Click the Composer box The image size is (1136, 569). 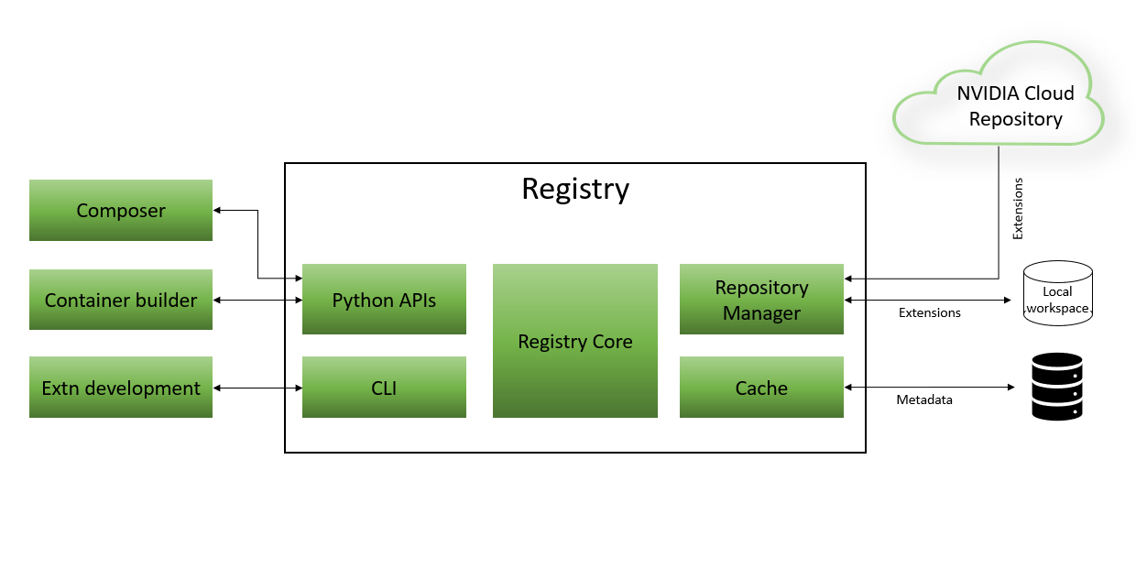[x=121, y=211]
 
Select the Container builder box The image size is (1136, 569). [x=121, y=300]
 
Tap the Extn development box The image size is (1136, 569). [x=121, y=388]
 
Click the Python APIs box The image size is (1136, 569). [x=384, y=300]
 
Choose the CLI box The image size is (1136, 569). [x=384, y=388]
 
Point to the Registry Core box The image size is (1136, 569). [x=574, y=341]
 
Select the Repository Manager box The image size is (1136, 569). [x=761, y=300]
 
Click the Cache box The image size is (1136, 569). [x=761, y=388]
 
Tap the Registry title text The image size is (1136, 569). [x=575, y=189]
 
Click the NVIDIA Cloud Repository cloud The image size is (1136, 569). [x=999, y=101]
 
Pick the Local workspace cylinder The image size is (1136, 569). [x=1057, y=293]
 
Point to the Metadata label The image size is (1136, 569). [x=923, y=399]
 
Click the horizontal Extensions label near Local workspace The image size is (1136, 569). [x=929, y=312]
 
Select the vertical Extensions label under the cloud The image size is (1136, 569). [x=1017, y=209]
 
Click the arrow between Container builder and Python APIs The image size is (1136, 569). [x=257, y=300]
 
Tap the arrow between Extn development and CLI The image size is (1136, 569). [x=257, y=388]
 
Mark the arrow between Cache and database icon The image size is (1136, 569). [x=929, y=388]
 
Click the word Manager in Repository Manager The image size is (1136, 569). [x=761, y=313]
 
